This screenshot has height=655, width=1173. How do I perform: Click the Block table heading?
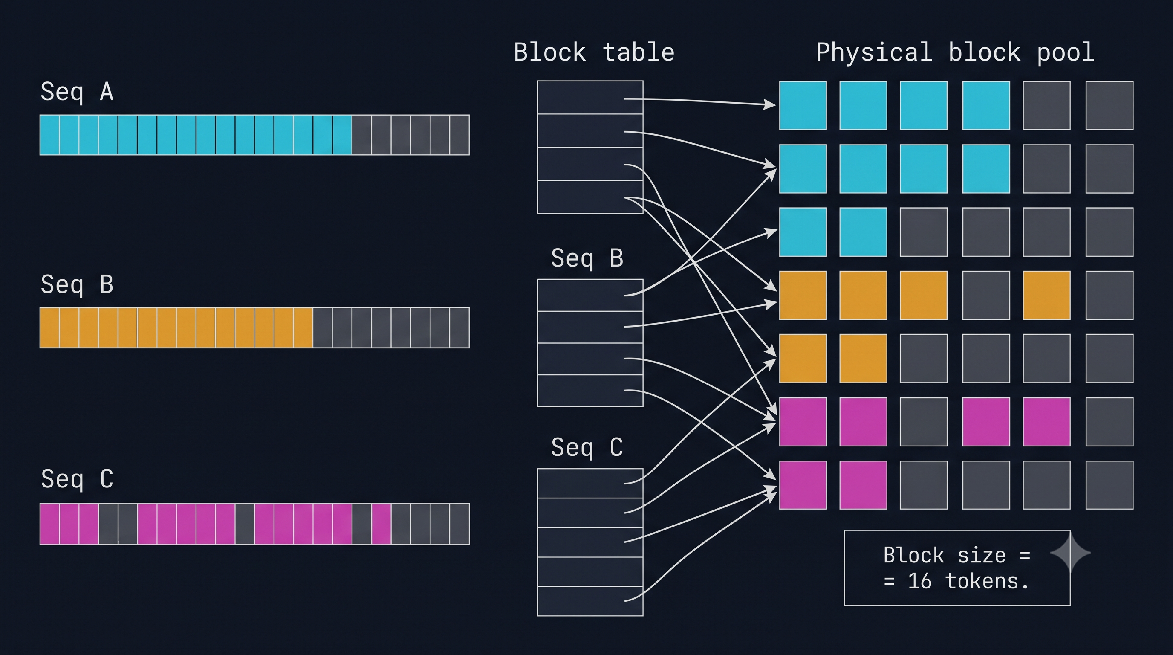coord(594,52)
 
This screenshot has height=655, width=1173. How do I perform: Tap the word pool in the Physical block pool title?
coord(1066,53)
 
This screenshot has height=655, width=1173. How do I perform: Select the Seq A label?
coord(77,92)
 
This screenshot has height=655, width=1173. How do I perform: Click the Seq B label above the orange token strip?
coord(77,285)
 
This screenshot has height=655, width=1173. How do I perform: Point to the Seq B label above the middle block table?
coord(587,258)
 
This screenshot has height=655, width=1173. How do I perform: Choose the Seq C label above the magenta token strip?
coord(77,479)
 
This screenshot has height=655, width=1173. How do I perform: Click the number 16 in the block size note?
coord(919,581)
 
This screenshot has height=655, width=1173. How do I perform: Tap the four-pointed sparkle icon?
coord(1070,553)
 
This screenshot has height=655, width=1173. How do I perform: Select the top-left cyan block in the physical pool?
coord(803,106)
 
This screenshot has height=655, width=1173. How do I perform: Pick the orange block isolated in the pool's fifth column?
coord(1046,295)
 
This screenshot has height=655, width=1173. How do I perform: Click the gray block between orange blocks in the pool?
coord(986,295)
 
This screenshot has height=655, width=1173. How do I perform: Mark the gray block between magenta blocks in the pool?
coord(924,422)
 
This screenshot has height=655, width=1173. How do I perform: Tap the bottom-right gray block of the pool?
coord(1109,485)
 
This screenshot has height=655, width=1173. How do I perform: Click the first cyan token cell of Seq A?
coord(49,135)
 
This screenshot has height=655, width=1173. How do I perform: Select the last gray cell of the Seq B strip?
coord(459,327)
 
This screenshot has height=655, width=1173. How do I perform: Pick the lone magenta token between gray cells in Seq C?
coord(381,524)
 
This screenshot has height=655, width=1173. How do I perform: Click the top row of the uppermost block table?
coord(590,98)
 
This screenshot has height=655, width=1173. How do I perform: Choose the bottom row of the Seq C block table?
coord(590,601)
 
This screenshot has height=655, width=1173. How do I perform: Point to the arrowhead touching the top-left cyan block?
coord(769,105)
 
